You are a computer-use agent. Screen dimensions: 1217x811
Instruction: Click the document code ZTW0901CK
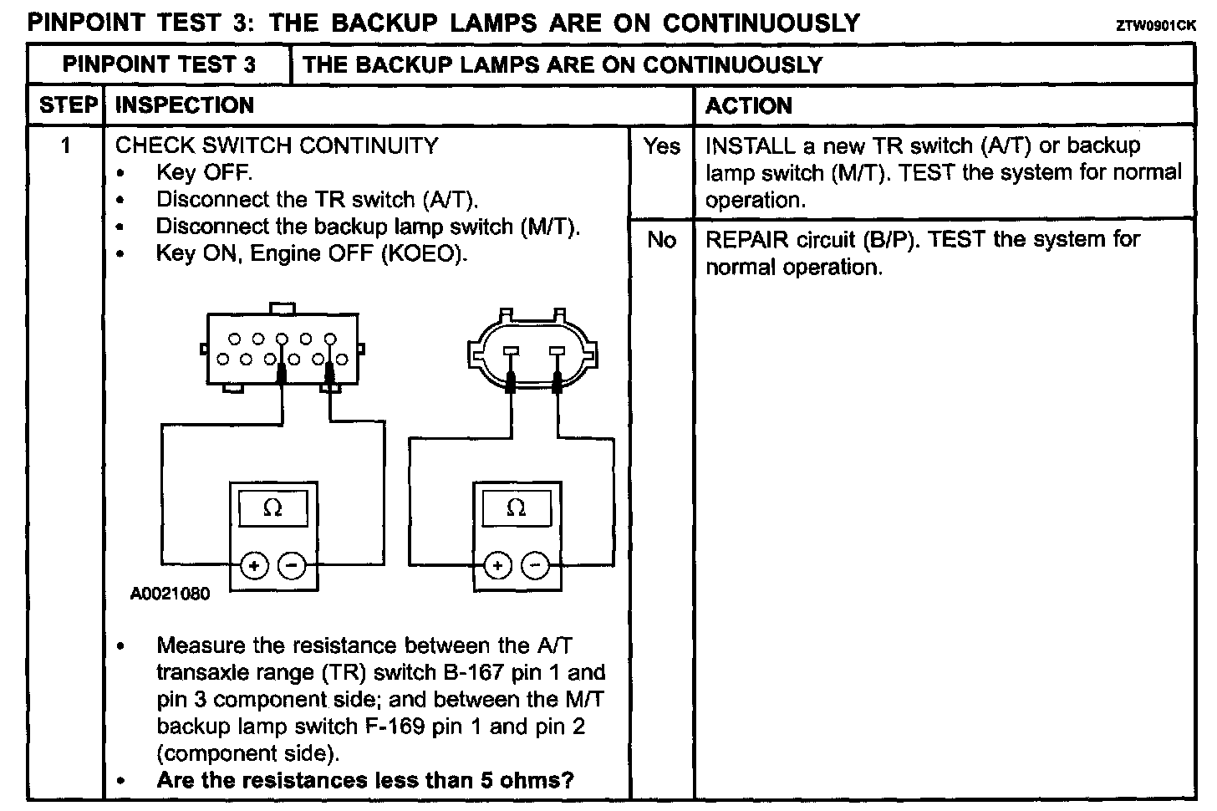(1155, 26)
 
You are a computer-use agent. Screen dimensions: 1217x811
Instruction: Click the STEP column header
(68, 105)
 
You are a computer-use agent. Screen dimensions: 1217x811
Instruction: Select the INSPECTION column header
(184, 105)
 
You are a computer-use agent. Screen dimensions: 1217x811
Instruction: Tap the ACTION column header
(748, 106)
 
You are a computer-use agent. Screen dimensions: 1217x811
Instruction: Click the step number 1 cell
(65, 146)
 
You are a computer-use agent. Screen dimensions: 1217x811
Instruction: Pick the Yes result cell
(661, 146)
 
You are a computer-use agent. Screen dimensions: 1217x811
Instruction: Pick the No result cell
(661, 240)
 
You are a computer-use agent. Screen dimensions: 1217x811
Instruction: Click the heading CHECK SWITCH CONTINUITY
(277, 145)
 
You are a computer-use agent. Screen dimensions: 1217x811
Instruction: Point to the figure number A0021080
(171, 594)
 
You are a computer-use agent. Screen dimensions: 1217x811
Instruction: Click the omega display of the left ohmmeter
(272, 508)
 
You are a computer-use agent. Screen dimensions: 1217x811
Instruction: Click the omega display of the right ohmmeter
(516, 508)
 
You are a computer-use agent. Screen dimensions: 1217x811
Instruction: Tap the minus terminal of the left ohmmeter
(292, 566)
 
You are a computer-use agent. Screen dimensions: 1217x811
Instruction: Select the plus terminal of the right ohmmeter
(497, 566)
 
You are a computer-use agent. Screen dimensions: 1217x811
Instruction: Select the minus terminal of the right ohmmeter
(535, 566)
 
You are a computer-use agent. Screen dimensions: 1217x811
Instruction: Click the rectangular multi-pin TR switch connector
(283, 349)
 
